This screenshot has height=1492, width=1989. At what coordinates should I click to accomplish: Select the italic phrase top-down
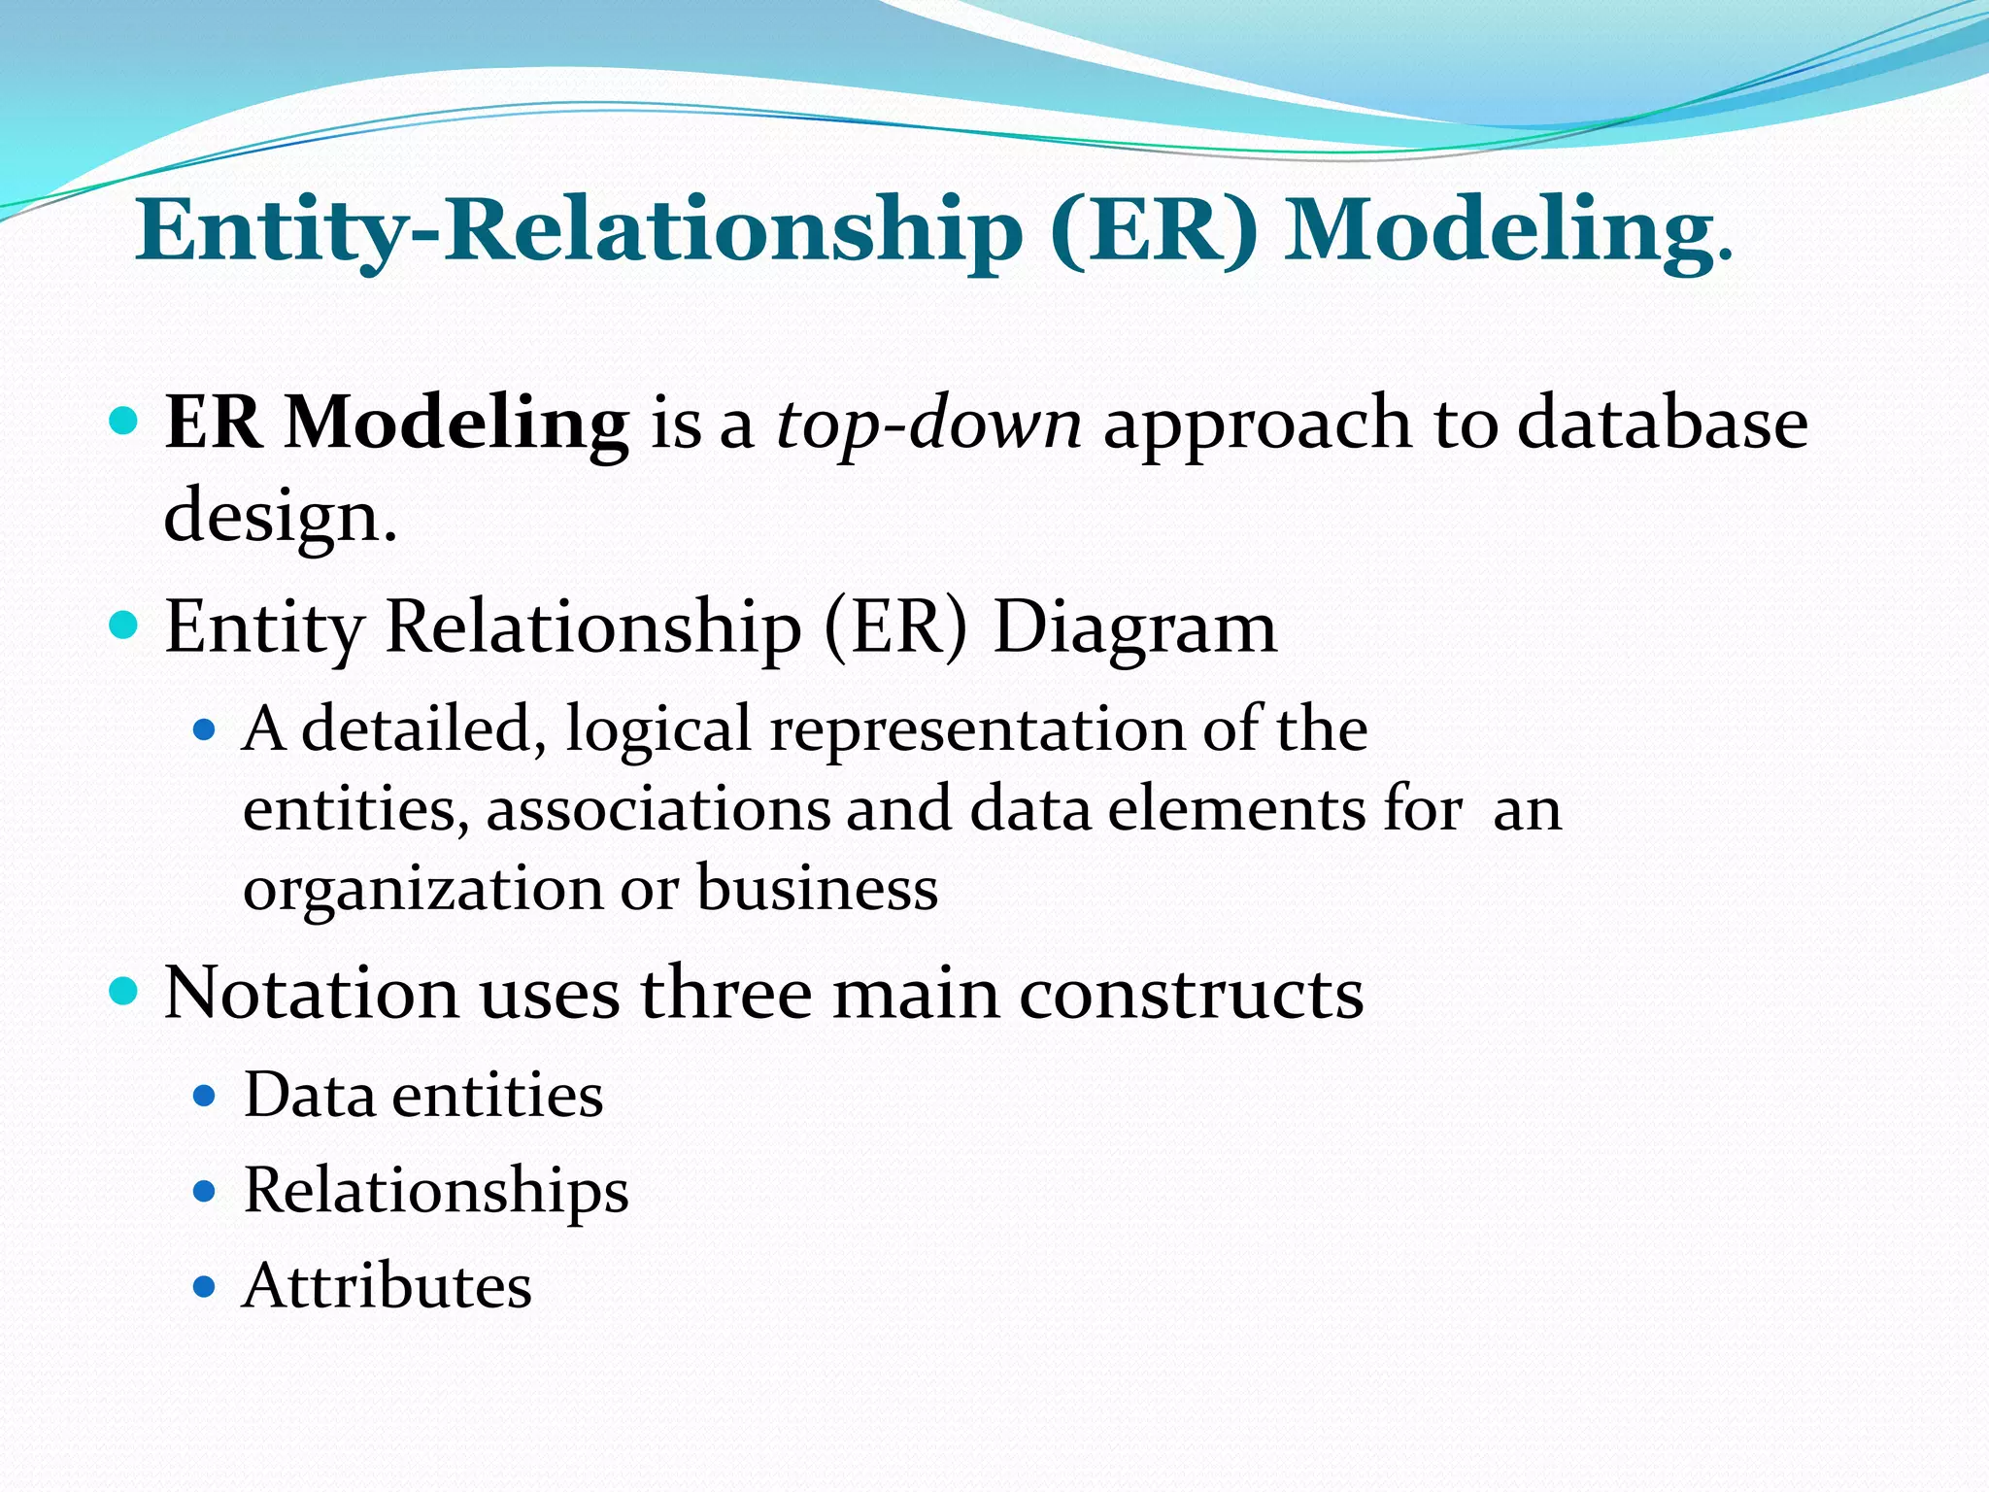coord(928,425)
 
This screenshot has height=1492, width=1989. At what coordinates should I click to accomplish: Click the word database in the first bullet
coord(1662,424)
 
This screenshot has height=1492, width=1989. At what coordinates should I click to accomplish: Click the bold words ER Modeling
coord(396,424)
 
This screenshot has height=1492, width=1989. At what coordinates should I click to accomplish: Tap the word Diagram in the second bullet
coord(1134,627)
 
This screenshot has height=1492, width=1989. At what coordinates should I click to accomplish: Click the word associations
coord(658,808)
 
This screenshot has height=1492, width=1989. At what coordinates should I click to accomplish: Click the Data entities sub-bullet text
coord(422,1096)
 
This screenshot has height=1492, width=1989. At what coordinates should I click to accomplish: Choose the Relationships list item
coord(435,1191)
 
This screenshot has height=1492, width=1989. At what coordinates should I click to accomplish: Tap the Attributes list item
coord(387,1286)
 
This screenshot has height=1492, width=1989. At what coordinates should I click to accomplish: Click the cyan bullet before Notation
coord(124,993)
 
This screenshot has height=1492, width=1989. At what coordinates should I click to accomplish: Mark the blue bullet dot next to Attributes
coord(203,1288)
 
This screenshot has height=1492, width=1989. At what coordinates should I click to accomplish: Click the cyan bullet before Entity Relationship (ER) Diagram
coord(124,625)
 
